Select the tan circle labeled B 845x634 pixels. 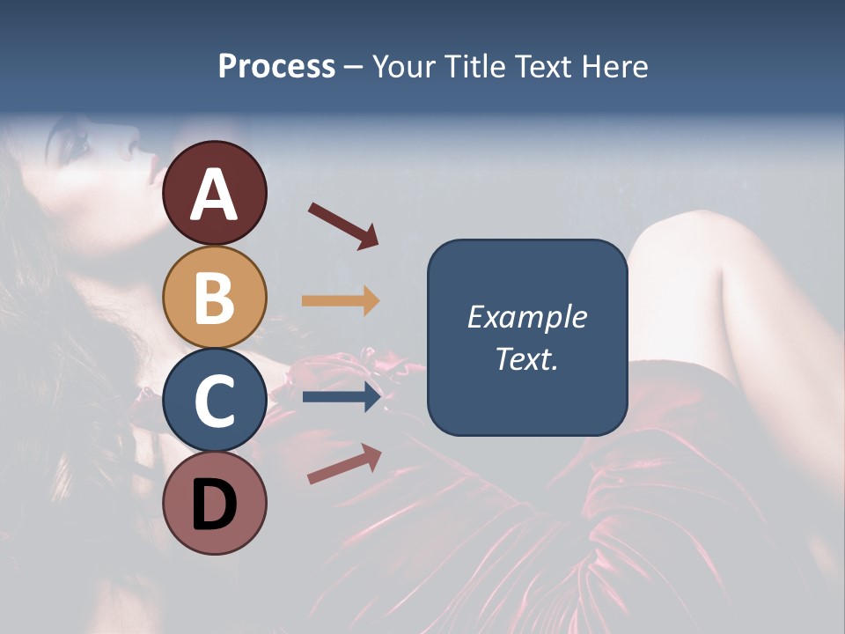point(214,298)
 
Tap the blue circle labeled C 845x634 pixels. point(214,401)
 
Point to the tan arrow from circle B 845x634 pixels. point(341,300)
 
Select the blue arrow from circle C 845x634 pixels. point(342,397)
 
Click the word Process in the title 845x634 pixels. point(276,67)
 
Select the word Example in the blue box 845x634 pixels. point(526,317)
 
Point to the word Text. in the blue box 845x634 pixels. point(526,359)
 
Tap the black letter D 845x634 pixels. point(214,505)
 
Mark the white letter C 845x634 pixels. point(214,401)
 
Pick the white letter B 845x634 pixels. point(214,298)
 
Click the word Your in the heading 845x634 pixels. point(404,67)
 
